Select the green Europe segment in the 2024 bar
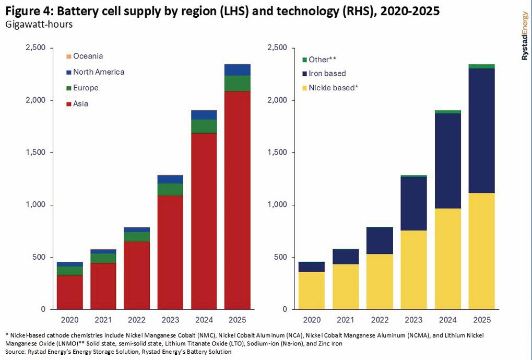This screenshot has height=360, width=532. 204,126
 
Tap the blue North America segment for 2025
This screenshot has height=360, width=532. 238,70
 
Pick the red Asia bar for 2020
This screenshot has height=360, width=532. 69,292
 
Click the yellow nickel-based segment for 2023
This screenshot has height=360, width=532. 414,270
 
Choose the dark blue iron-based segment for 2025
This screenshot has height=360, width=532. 481,131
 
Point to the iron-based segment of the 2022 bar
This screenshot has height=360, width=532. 380,240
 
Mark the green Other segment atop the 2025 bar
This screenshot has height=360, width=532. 481,66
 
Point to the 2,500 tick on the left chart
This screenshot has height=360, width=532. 36,48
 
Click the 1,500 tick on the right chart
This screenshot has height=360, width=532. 278,153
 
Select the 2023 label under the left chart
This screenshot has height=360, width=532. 170,319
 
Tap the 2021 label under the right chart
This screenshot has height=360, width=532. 347,319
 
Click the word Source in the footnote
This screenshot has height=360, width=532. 15,352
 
